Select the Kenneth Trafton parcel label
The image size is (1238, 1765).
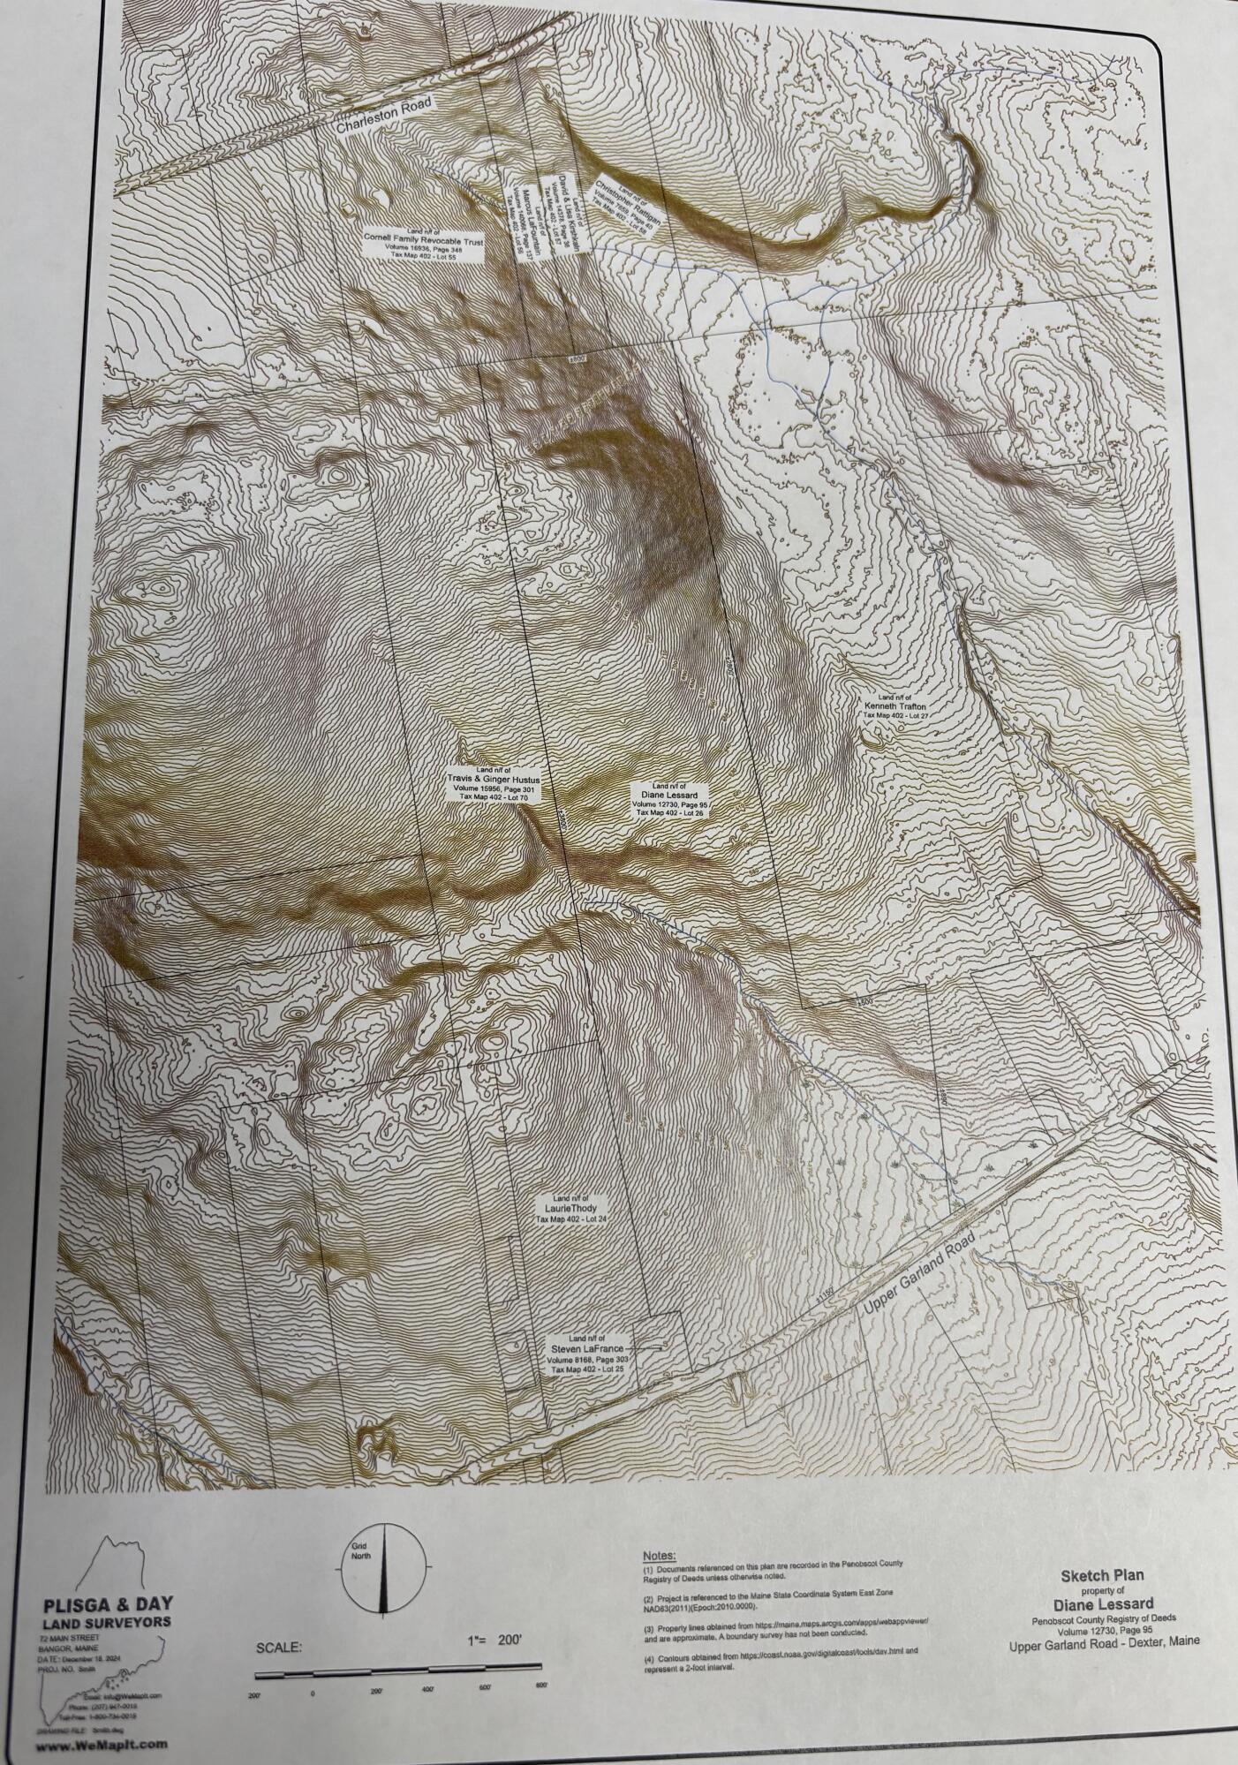[895, 707]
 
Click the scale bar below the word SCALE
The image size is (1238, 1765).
[397, 1667]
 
